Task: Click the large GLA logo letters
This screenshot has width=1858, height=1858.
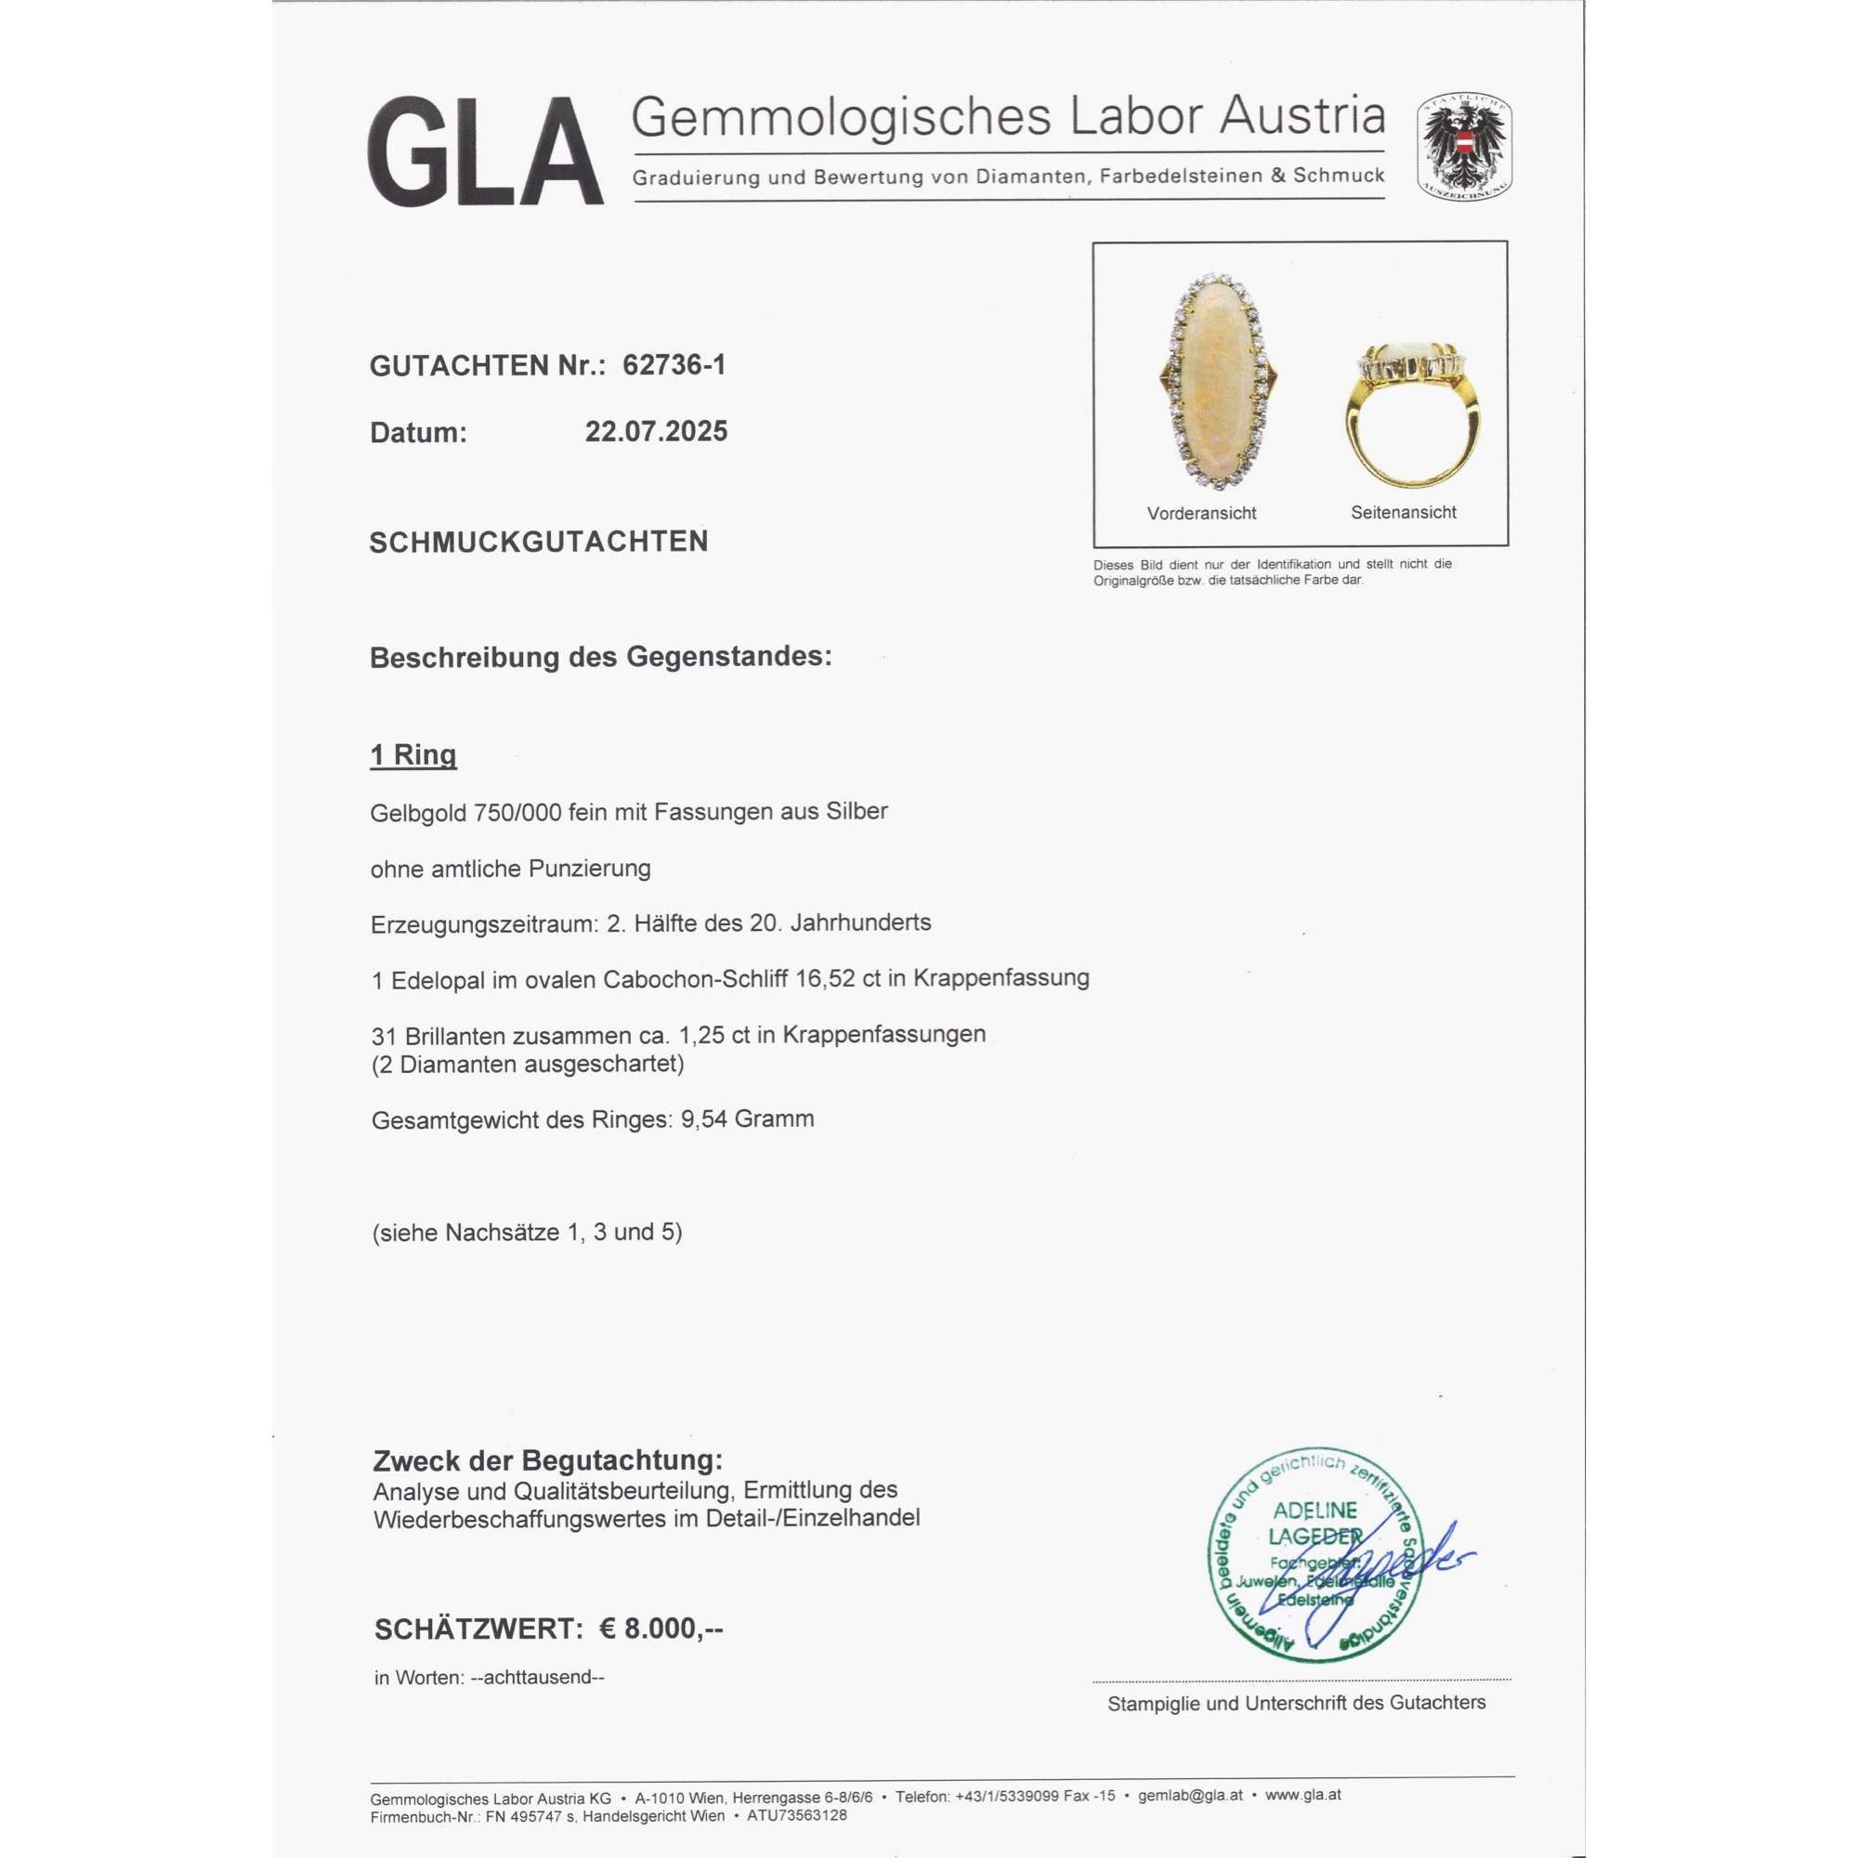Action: [485, 151]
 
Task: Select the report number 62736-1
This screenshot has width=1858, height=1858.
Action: [674, 365]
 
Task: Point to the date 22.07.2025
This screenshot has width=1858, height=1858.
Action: [656, 432]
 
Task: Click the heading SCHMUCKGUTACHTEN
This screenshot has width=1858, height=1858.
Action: [539, 542]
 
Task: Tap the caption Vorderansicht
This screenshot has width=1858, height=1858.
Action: [1201, 514]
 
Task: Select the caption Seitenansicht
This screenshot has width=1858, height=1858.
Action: [1403, 513]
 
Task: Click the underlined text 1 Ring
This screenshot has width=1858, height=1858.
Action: [413, 755]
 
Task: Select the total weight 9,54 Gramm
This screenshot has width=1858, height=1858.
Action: [747, 1119]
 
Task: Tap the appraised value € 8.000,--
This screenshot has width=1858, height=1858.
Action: [661, 1629]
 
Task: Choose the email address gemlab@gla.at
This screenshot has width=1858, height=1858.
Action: [1191, 1796]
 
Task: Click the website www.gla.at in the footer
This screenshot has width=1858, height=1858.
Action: [1303, 1796]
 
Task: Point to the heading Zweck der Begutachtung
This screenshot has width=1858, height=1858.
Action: [547, 1459]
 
